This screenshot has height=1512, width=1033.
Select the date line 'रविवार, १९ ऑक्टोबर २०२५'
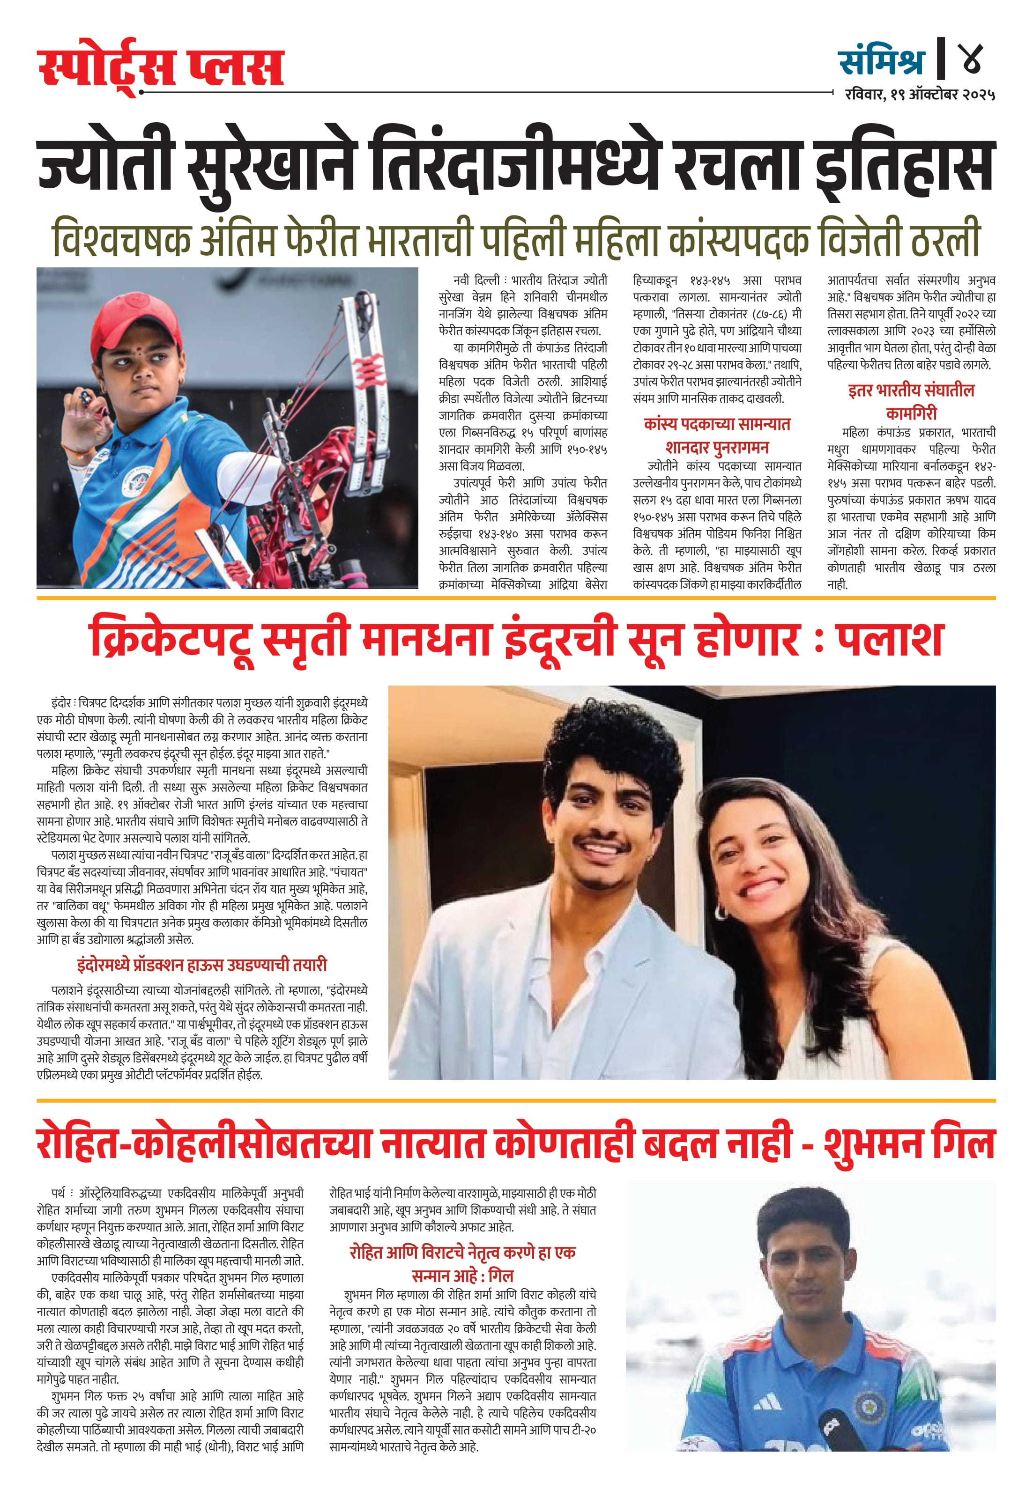click(x=920, y=95)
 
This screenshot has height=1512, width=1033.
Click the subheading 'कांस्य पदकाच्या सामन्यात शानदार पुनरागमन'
click(x=717, y=435)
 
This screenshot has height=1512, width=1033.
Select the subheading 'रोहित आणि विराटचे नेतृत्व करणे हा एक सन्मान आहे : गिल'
click(x=462, y=1263)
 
